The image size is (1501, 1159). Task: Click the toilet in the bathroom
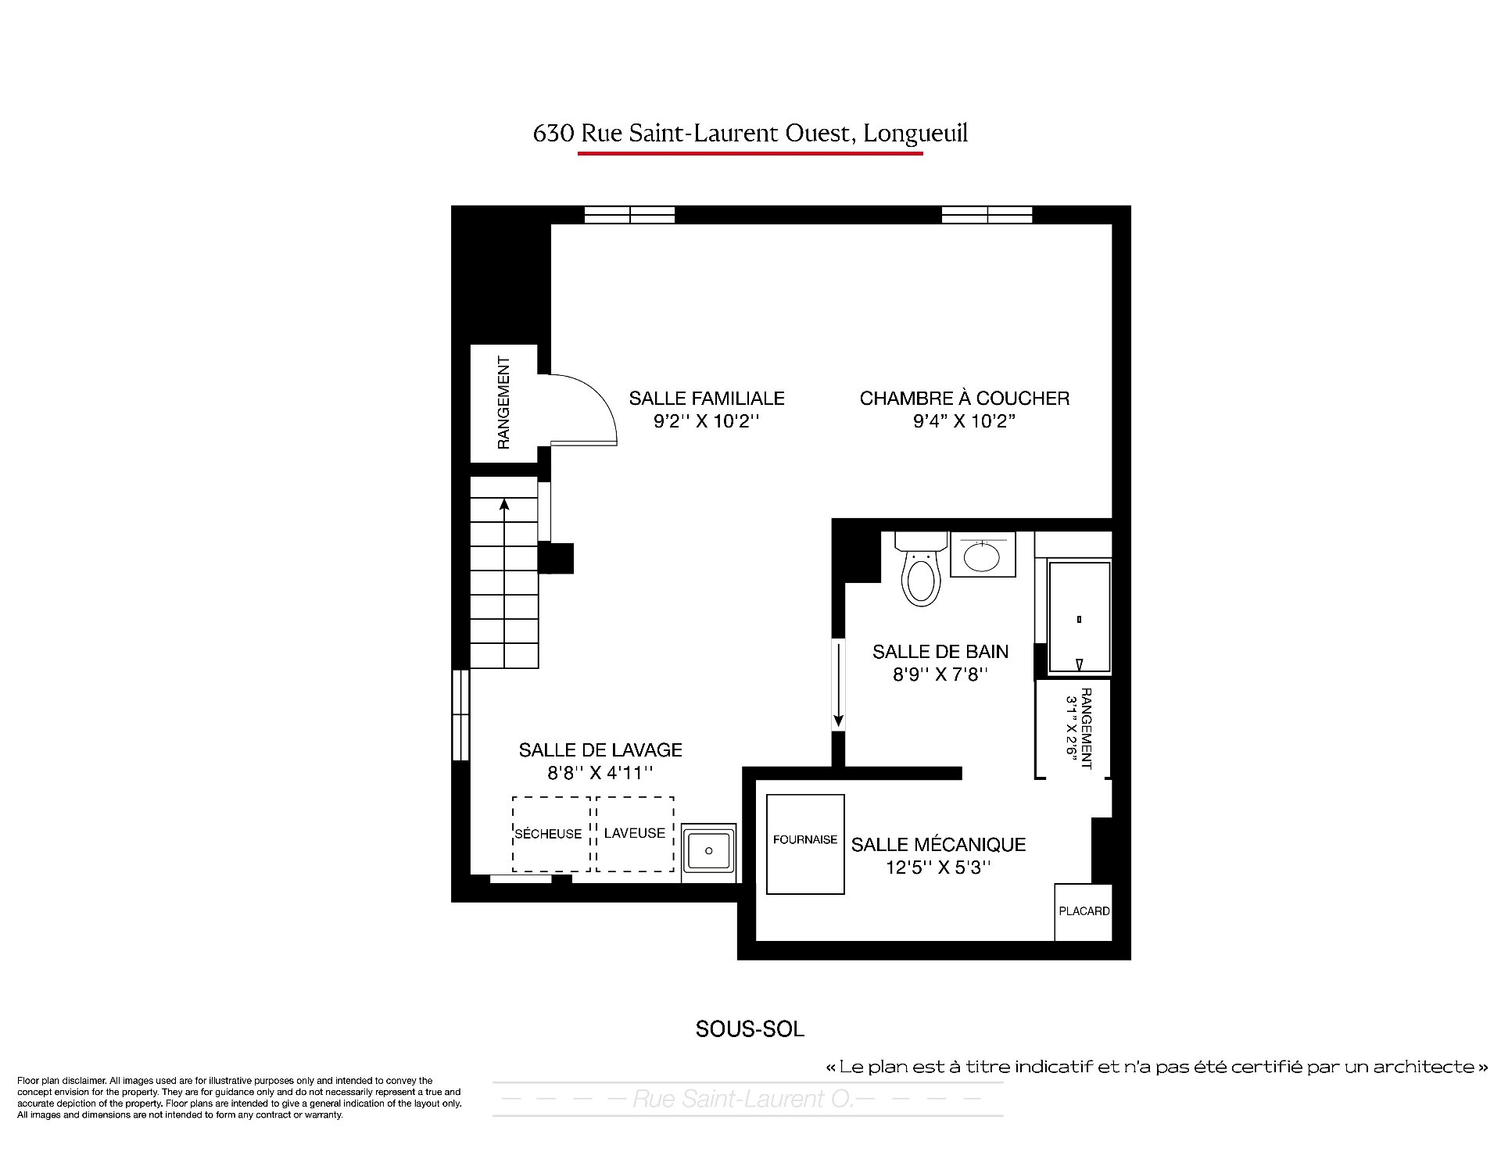pyautogui.click(x=920, y=569)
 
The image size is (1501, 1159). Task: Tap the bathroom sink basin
pyautogui.click(x=983, y=556)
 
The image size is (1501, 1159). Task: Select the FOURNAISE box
pyautogui.click(x=805, y=844)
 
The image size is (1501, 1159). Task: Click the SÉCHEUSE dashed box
pyautogui.click(x=551, y=834)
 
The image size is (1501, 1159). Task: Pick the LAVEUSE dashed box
pyautogui.click(x=635, y=834)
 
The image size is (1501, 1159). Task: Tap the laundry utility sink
pyautogui.click(x=708, y=851)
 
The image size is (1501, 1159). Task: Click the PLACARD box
pyautogui.click(x=1084, y=911)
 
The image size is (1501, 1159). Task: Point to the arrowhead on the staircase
pyautogui.click(x=504, y=504)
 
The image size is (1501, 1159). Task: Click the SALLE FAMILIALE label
pyautogui.click(x=707, y=399)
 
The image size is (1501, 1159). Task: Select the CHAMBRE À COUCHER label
pyautogui.click(x=965, y=399)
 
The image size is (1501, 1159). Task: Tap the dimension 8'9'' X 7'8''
pyautogui.click(x=941, y=674)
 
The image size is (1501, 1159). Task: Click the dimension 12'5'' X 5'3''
pyautogui.click(x=938, y=867)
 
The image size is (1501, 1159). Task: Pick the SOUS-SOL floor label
pyautogui.click(x=750, y=1029)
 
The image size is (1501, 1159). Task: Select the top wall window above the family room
pyautogui.click(x=630, y=215)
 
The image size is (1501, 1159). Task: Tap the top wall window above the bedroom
pyautogui.click(x=987, y=215)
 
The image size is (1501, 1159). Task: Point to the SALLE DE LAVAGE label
pyautogui.click(x=600, y=750)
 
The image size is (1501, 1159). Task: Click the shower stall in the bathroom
pyautogui.click(x=1079, y=617)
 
